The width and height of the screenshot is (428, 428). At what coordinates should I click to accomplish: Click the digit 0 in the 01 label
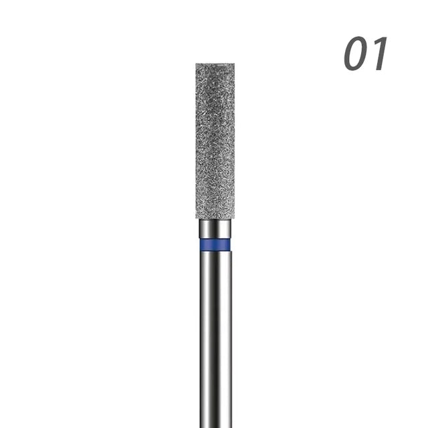pos(357,55)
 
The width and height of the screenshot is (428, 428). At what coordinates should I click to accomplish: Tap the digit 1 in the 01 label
pos(379,55)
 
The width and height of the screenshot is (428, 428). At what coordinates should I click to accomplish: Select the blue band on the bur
pos(215,245)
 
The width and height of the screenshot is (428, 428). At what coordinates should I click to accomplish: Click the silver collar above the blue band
pos(215,229)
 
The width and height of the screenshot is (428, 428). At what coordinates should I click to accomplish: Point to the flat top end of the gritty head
pos(215,65)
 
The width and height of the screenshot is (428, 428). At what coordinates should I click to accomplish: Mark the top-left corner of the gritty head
pos(197,65)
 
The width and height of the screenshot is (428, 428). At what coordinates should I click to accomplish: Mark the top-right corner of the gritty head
pos(233,65)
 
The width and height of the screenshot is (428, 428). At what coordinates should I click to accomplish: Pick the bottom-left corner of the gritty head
pos(197,218)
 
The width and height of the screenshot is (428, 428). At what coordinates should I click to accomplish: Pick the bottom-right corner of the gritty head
pos(233,218)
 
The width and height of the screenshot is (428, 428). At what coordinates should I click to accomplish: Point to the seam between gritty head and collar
pos(215,220)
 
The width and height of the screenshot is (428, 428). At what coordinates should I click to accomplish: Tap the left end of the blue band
pos(200,245)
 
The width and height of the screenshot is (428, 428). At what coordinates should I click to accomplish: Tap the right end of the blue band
pos(231,245)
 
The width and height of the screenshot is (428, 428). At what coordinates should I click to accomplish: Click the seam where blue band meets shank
pos(215,252)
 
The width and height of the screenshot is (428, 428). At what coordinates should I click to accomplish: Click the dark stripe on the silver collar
pos(216,229)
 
